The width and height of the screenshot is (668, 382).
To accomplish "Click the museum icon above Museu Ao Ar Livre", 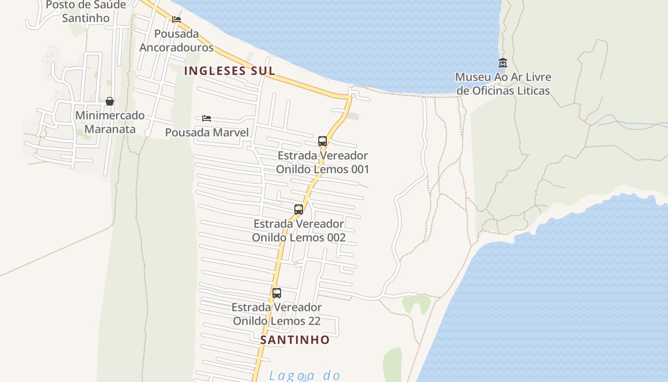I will coord(502,63).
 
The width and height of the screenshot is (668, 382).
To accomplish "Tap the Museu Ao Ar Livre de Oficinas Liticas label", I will coord(503,84).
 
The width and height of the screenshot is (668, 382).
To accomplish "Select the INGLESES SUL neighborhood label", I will coord(230,71).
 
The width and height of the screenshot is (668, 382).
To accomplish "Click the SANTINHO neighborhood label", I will coord(295,340).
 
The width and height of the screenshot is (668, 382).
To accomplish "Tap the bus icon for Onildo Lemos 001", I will coord(323,141).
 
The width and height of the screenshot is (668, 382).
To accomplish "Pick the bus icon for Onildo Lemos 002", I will coord(299,209).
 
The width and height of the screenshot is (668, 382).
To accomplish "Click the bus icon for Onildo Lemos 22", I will coord(277,293).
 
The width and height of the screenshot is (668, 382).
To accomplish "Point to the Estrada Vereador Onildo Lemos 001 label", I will coord(323,162).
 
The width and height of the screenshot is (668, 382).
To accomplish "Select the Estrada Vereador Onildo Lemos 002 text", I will coord(299,230).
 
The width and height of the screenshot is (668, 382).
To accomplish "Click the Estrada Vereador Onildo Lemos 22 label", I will coord(277,314).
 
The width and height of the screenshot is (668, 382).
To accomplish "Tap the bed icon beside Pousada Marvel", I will coord(207,118).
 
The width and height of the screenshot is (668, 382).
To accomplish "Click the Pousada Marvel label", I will coord(207,132).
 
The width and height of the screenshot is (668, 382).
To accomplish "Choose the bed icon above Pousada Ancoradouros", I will coord(177,20).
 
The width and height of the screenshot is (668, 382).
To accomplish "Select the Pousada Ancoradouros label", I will coord(177,41).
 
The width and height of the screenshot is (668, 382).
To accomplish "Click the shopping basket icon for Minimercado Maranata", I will coord(110,101).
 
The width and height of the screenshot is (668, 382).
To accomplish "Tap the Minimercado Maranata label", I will coord(110,122).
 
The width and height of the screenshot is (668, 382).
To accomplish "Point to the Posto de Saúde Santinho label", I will coord(86,11).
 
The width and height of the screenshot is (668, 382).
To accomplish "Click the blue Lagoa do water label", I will coord(304,375).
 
